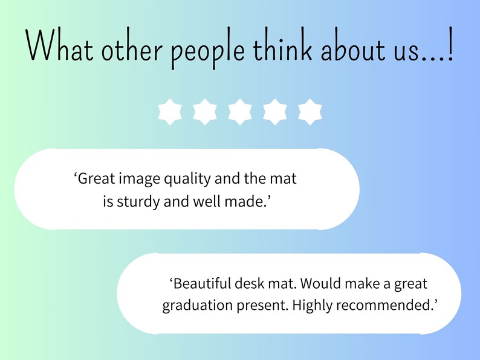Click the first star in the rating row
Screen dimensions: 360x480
coord(170,112)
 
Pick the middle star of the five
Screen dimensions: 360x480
coord(240,112)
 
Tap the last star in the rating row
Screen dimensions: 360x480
coord(310,112)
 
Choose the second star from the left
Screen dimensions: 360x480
coord(205,112)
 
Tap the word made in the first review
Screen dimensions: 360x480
coord(248,202)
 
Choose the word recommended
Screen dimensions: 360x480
coord(388,306)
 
